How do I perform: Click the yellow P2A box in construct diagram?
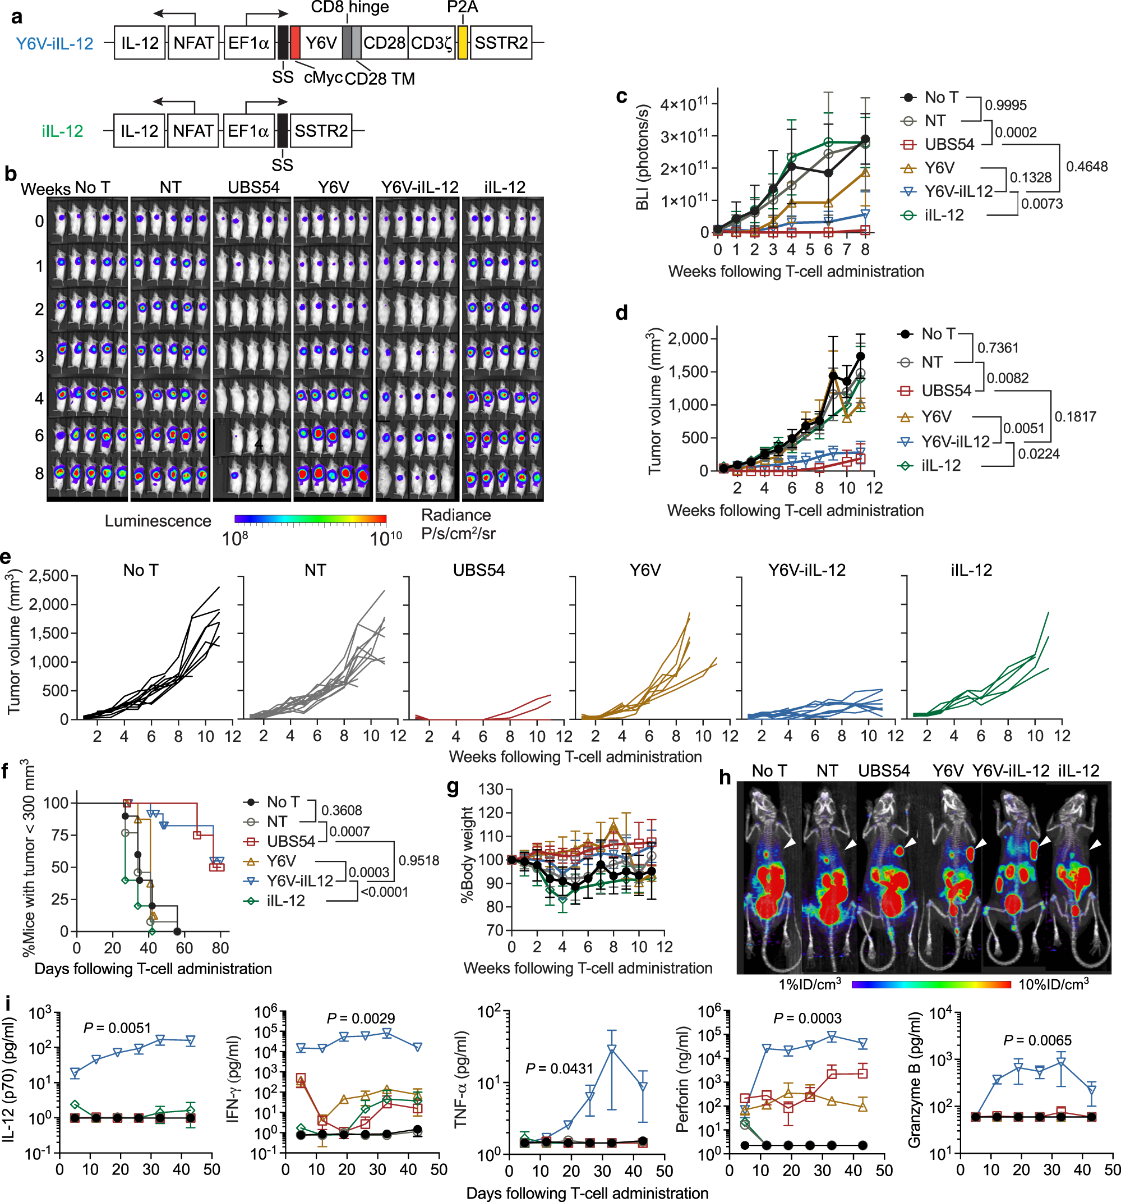(463, 42)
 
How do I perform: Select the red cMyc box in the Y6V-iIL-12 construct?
(295, 42)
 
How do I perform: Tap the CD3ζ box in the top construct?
(431, 43)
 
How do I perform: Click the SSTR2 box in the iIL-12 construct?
(321, 131)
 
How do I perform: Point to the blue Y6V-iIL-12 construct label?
(54, 44)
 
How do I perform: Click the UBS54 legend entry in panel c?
(949, 145)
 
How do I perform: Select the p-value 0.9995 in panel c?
(1005, 105)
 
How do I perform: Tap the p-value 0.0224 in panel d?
(1039, 454)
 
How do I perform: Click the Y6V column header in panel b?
(333, 187)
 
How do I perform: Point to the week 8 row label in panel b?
(39, 474)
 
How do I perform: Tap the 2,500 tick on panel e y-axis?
(48, 576)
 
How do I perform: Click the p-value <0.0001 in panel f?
(384, 892)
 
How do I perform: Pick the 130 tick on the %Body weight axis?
(491, 789)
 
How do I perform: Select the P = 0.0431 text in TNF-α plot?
(559, 1068)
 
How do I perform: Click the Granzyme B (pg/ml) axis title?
(914, 1084)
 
